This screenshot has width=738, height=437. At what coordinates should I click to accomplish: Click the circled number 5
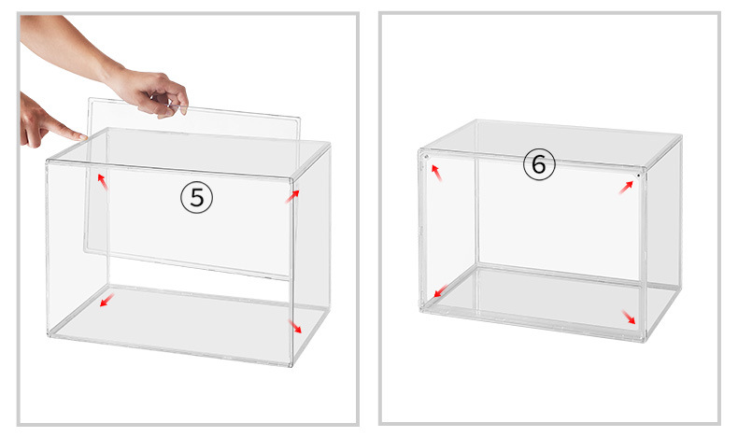[x=197, y=198]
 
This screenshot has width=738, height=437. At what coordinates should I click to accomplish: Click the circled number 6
[x=539, y=164]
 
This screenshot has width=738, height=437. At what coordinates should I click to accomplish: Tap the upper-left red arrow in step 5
[x=103, y=181]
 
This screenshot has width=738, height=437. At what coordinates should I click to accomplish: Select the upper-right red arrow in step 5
[x=292, y=196]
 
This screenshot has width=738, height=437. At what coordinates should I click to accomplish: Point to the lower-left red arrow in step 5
[x=106, y=300]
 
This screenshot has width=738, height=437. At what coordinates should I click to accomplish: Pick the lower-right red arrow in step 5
[x=295, y=327]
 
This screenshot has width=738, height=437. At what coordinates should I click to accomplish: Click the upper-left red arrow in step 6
[x=437, y=173]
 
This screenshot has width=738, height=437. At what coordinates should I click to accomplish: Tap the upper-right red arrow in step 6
[x=626, y=187]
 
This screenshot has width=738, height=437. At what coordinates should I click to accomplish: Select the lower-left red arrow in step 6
[x=441, y=290]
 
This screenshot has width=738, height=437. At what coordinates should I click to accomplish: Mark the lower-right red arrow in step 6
[x=629, y=317]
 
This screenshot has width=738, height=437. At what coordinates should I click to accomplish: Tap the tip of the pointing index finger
[x=84, y=137]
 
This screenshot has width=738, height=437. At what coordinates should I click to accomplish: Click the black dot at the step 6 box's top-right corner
[x=638, y=175]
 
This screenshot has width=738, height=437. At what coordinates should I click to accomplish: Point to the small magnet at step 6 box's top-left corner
[x=426, y=156]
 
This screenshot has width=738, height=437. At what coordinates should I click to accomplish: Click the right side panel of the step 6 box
[x=662, y=235]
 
